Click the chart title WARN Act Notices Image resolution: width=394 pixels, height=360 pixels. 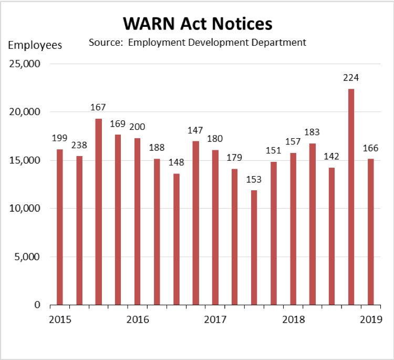click(197, 24)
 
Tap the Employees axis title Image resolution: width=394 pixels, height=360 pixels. click(35, 45)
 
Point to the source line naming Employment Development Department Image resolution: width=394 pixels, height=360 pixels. click(198, 42)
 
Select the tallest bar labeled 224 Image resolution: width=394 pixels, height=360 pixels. click(351, 197)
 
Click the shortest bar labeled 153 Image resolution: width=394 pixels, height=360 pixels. click(254, 247)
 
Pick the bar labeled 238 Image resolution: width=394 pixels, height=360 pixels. click(79, 230)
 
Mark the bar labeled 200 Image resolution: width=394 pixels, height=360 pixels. click(137, 221)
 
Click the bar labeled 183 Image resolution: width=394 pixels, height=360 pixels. click(312, 224)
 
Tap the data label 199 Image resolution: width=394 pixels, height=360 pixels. click(59, 138)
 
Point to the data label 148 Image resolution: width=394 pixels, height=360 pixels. click(177, 162)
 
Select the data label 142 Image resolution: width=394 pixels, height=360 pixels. click(332, 156)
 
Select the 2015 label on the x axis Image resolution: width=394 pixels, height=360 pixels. click(60, 320)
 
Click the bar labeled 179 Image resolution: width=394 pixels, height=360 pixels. click(235, 236)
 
